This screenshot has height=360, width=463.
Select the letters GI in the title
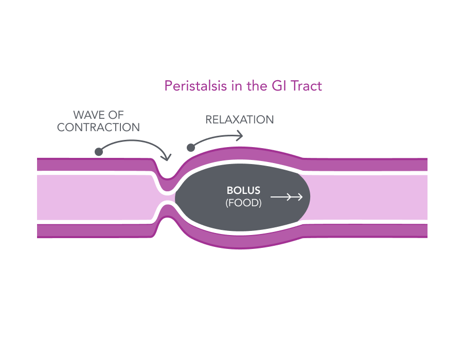tap(277, 85)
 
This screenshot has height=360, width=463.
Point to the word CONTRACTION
tap(98, 128)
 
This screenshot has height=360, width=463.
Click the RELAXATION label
tap(240, 120)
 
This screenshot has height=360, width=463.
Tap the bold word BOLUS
tap(243, 191)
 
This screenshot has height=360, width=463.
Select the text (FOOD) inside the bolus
tap(243, 203)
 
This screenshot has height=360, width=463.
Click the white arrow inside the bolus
tap(287, 197)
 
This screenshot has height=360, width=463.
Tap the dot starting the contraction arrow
tap(99, 152)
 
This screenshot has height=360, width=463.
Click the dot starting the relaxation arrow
tap(191, 148)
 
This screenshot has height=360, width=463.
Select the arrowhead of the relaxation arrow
tap(241, 136)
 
